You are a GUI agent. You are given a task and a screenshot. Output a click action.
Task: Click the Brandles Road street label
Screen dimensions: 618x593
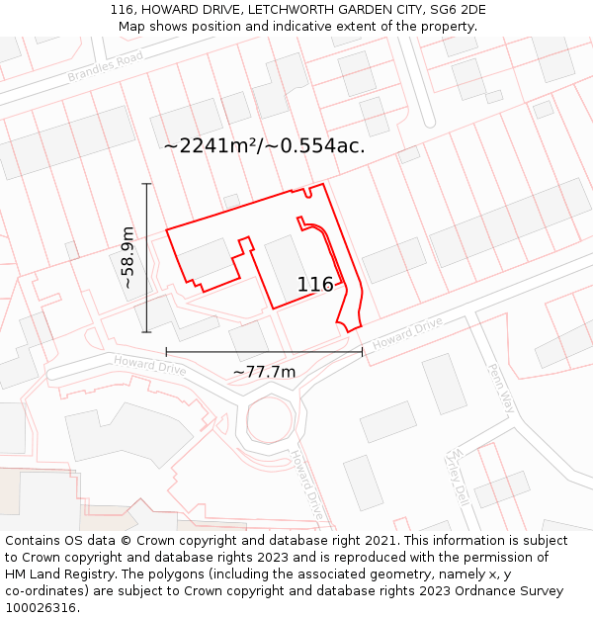106,65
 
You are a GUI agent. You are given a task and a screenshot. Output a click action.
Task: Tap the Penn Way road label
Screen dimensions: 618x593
501,387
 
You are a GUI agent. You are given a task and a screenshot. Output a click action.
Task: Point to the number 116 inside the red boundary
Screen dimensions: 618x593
315,285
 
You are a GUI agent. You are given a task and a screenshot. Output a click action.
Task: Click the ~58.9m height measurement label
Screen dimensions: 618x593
127,258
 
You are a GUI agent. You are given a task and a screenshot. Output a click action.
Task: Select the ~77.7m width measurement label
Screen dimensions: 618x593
264,372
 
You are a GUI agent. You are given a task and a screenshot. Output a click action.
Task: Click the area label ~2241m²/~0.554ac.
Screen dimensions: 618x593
264,145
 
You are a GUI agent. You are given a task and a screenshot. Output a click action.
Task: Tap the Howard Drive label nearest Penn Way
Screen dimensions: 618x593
407,332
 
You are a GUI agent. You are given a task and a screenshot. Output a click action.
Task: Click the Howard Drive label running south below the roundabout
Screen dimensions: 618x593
307,485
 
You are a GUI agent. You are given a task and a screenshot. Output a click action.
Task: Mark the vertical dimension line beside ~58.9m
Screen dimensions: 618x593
146,258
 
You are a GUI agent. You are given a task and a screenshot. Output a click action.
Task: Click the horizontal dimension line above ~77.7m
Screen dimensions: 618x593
264,351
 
